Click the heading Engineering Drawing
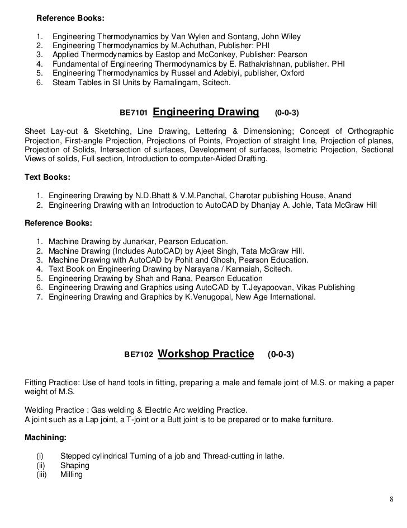pos(206,113)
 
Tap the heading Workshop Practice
pos(207,354)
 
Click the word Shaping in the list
pos(74,465)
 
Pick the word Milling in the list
pos(71,474)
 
